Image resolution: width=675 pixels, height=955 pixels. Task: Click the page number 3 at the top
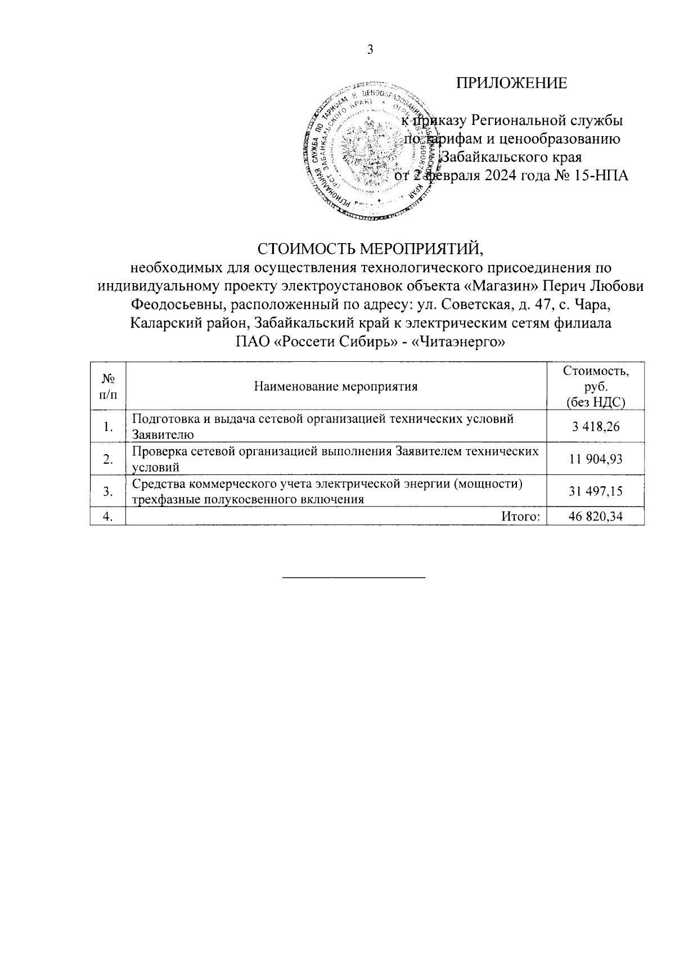370,50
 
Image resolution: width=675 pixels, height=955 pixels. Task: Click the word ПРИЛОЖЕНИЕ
511,83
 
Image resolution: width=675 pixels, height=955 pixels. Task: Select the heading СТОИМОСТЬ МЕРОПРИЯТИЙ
370,248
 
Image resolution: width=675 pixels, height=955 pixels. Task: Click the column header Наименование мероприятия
336,386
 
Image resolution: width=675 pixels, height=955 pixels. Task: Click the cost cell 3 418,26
596,427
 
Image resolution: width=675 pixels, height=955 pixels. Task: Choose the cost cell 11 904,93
596,459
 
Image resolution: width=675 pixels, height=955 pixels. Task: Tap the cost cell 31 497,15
596,491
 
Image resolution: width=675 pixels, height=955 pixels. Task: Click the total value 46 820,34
596,517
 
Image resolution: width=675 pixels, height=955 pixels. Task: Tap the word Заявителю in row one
163,434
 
